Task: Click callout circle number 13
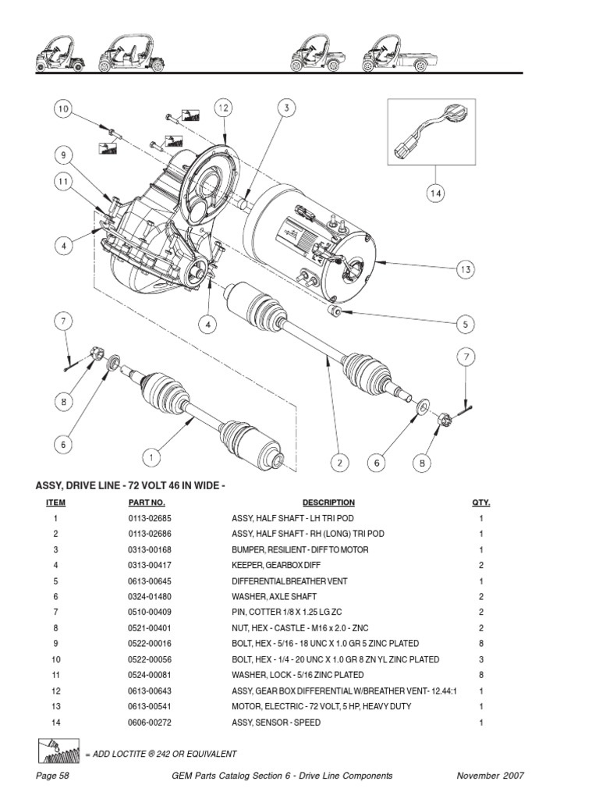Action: (x=466, y=269)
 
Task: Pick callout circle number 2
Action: (x=339, y=462)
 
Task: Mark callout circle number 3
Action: (x=286, y=108)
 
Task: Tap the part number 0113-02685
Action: (x=149, y=518)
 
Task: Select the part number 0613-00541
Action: (x=149, y=706)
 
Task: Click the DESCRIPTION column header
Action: (x=328, y=502)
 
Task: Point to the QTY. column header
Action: (x=480, y=502)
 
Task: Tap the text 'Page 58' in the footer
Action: (x=53, y=776)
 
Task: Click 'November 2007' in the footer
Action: (x=489, y=776)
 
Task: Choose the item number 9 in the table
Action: (x=55, y=644)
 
